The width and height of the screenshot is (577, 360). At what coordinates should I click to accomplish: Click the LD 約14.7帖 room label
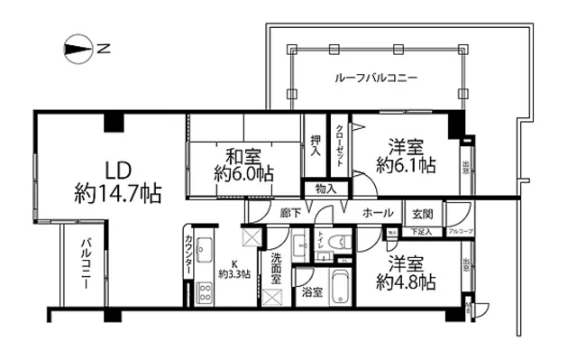(x=117, y=181)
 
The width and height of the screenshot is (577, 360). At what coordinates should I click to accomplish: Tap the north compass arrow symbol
(x=79, y=49)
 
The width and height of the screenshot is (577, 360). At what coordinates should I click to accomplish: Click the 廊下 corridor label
(x=289, y=214)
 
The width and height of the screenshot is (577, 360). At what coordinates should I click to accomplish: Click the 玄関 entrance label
(x=422, y=214)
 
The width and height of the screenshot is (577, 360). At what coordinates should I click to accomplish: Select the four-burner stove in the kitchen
(x=203, y=291)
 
